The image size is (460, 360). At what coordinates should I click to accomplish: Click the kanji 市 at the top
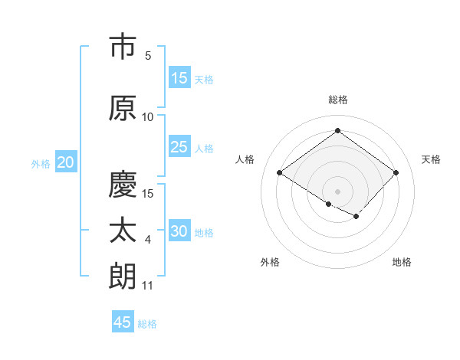(x=123, y=47)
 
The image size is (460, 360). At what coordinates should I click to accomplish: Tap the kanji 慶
(x=123, y=184)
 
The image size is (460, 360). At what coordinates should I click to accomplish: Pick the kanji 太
(x=123, y=231)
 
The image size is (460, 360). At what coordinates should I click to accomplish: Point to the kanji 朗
(x=123, y=276)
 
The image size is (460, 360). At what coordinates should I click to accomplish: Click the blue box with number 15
(x=179, y=78)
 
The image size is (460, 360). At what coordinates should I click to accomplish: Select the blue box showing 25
(x=179, y=147)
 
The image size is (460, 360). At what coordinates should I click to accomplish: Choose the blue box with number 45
(x=123, y=322)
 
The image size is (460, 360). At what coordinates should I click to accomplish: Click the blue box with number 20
(x=66, y=162)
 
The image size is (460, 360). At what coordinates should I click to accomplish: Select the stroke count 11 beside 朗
(x=147, y=286)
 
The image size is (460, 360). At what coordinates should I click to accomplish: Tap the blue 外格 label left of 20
(x=41, y=163)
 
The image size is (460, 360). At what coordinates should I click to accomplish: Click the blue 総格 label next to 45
(x=147, y=323)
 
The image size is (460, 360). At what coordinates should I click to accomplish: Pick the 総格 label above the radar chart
(x=337, y=100)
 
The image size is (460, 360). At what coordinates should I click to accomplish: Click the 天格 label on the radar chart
(x=431, y=159)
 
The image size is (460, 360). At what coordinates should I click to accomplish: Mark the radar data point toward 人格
(x=280, y=173)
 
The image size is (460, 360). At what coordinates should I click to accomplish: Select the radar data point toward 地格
(x=356, y=217)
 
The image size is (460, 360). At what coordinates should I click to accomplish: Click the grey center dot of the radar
(x=337, y=191)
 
